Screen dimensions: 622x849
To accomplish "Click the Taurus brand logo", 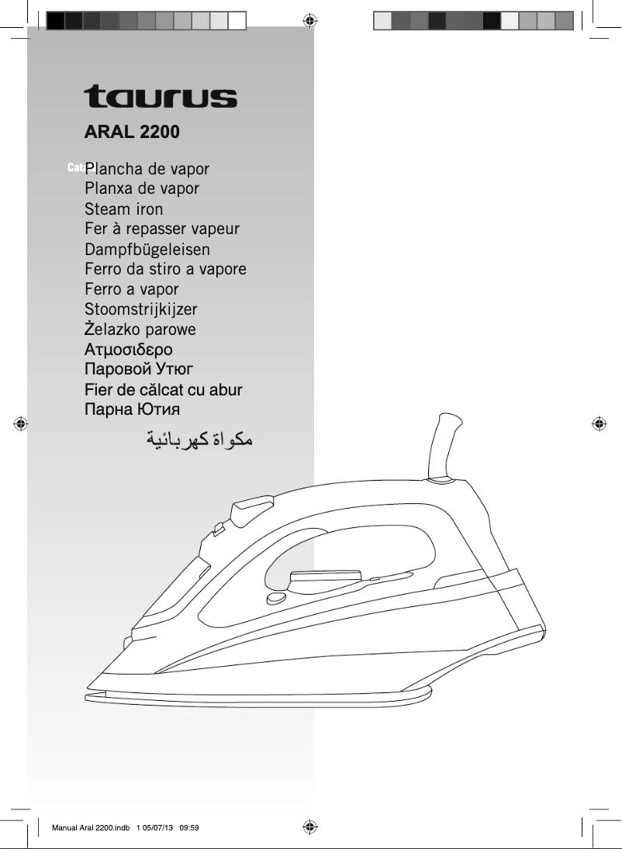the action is point(161,96).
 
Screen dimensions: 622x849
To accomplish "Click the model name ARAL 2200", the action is point(132,132).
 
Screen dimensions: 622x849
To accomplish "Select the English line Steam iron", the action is point(124,209).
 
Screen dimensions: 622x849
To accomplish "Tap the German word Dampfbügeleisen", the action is point(147,249).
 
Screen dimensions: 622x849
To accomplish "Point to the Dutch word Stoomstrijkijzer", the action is point(141,309).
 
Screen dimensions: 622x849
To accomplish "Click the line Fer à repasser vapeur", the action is point(162,229).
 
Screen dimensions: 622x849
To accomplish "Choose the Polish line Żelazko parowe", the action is point(140,329).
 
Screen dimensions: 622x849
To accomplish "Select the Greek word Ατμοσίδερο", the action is point(129,350).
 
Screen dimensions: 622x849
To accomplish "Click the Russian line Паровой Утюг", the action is point(139,369).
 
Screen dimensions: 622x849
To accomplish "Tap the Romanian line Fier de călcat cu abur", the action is point(164,389).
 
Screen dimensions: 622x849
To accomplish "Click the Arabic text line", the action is point(199,441).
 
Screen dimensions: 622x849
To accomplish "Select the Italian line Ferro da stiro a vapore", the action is point(165,269).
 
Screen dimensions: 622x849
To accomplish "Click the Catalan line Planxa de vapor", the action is point(142,188).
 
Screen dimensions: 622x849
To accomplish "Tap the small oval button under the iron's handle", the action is point(274,599).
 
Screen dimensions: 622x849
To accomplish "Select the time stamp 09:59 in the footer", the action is point(190,827).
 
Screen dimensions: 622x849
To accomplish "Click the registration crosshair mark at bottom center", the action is point(309,827).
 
